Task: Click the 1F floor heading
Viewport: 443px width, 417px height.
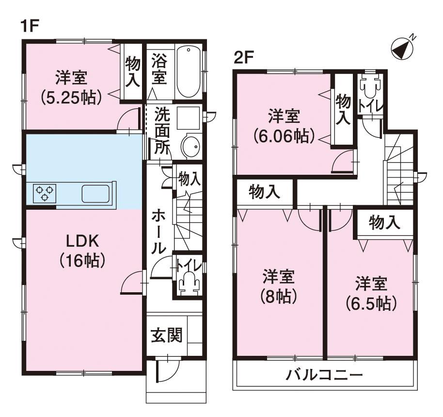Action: [30, 26]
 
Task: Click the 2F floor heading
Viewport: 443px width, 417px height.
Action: [243, 57]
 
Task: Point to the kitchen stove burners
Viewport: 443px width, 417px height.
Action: [45, 194]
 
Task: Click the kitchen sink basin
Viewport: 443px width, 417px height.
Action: [95, 194]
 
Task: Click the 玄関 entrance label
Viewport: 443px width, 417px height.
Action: [167, 335]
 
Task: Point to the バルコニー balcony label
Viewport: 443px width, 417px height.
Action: [324, 375]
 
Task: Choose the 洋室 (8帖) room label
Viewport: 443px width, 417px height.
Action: [279, 286]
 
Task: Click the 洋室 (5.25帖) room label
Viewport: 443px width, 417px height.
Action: [71, 87]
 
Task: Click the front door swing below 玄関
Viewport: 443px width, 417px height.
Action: [167, 370]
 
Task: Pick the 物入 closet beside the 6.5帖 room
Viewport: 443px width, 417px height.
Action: [384, 222]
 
